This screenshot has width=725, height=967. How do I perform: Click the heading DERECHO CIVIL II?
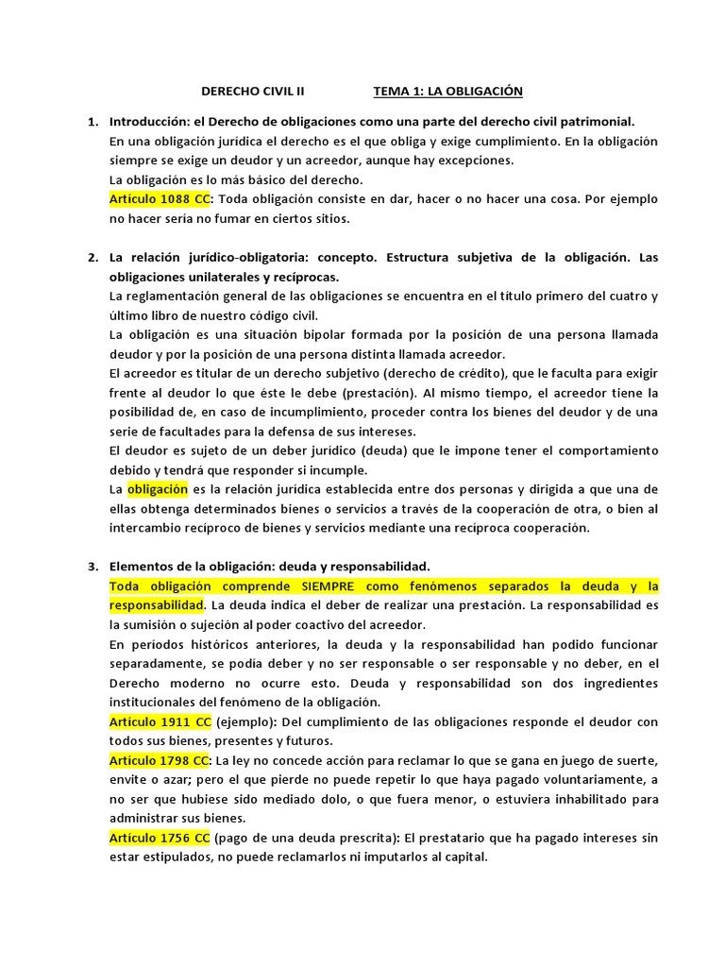(x=254, y=92)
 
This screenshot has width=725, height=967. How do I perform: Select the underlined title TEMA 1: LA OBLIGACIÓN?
(x=447, y=92)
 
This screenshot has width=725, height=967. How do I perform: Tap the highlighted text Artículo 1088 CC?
(x=160, y=199)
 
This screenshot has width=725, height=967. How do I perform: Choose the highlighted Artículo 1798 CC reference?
(x=160, y=760)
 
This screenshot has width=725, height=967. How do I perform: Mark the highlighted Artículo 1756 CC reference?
(x=160, y=838)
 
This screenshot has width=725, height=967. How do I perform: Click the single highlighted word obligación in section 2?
(x=158, y=489)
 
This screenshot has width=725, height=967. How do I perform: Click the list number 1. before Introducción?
(x=93, y=122)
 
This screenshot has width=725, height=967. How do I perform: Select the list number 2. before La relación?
(x=93, y=257)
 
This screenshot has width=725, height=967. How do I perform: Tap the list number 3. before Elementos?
(x=93, y=567)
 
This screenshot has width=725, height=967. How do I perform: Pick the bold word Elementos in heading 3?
(x=143, y=567)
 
